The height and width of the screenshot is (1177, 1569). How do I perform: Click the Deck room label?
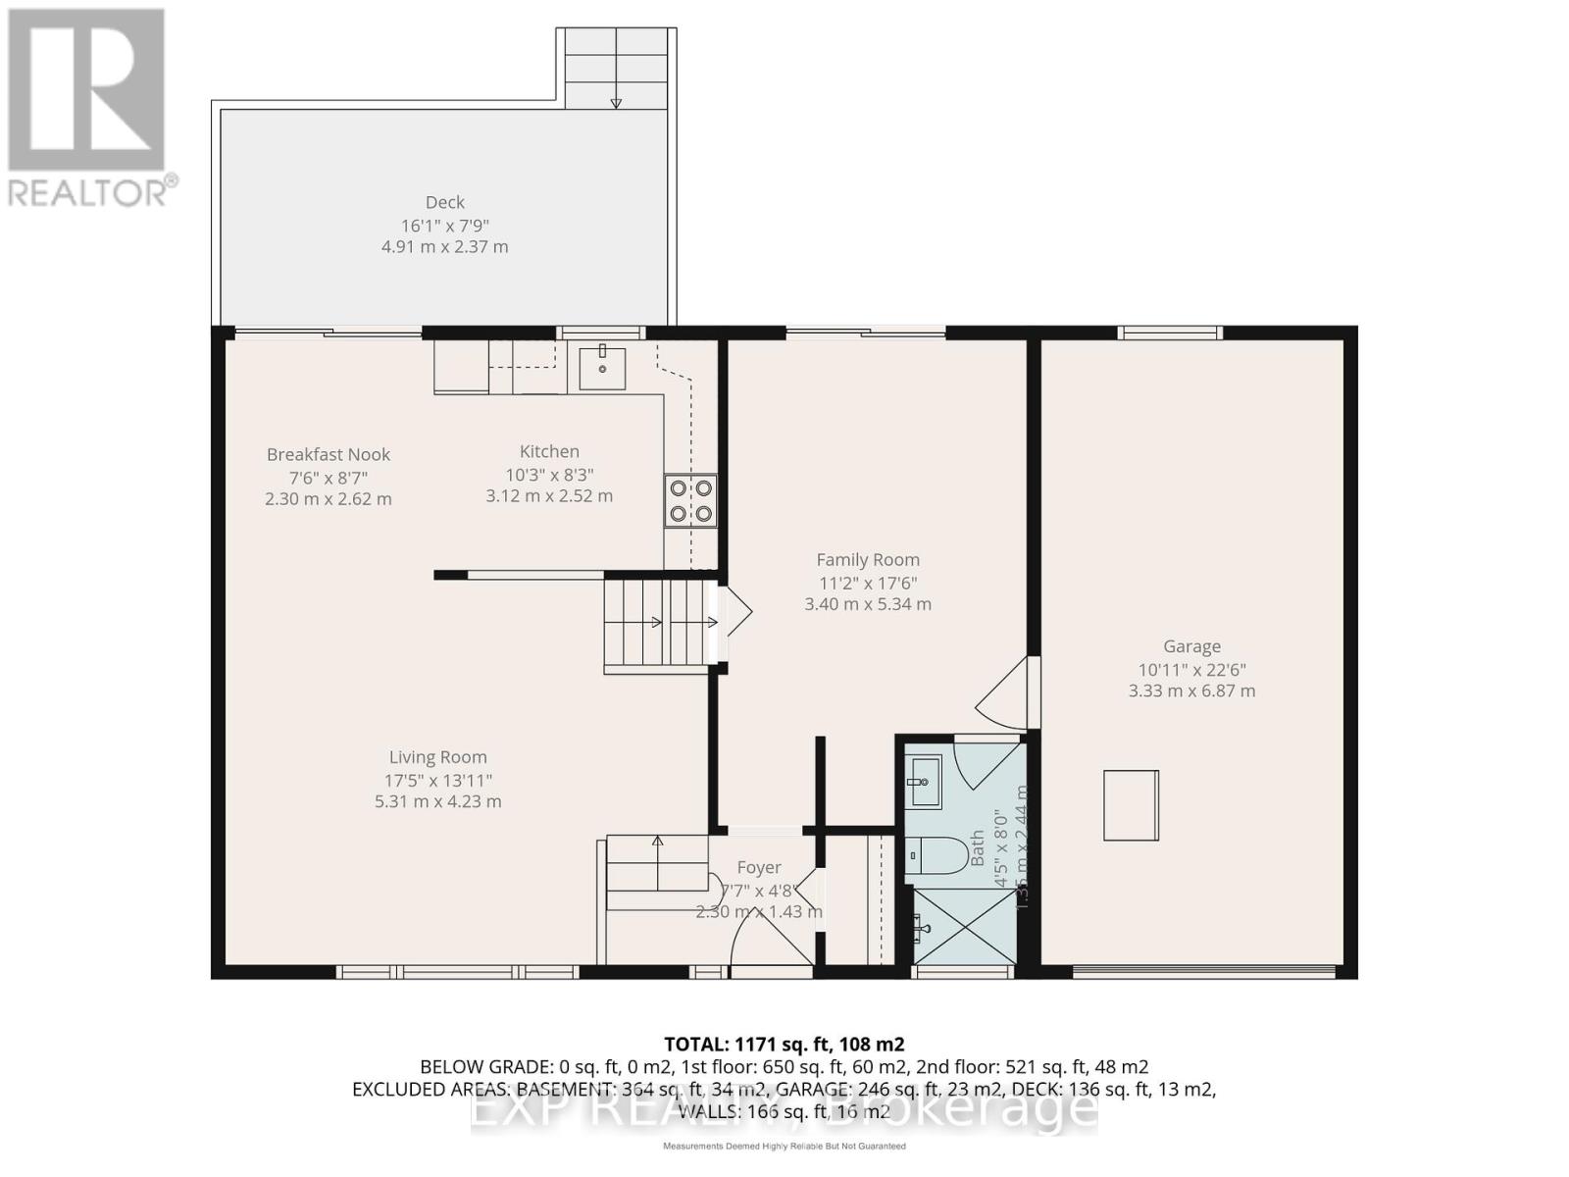tap(444, 202)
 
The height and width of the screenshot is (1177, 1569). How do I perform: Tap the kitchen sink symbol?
tap(601, 368)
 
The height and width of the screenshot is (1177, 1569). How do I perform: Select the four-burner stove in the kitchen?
tap(690, 500)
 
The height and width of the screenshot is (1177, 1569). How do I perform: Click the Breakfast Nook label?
tap(329, 454)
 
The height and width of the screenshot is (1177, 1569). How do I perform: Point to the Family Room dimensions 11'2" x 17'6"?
tap(868, 582)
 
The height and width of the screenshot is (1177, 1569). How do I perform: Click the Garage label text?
tap(1191, 646)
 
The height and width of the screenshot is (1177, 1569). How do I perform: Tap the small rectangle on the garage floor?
tap(1131, 805)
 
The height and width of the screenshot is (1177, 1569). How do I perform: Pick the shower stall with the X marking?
tap(963, 926)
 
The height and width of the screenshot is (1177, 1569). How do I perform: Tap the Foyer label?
tap(759, 868)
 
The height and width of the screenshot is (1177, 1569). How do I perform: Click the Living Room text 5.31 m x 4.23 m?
tap(437, 801)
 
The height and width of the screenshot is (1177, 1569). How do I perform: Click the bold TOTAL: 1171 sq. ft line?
tap(784, 1044)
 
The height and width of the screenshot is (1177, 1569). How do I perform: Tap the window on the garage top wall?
tap(1170, 333)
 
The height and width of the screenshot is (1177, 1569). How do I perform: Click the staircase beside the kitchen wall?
tap(655, 623)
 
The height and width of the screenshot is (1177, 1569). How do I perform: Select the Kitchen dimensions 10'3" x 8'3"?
tap(549, 475)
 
